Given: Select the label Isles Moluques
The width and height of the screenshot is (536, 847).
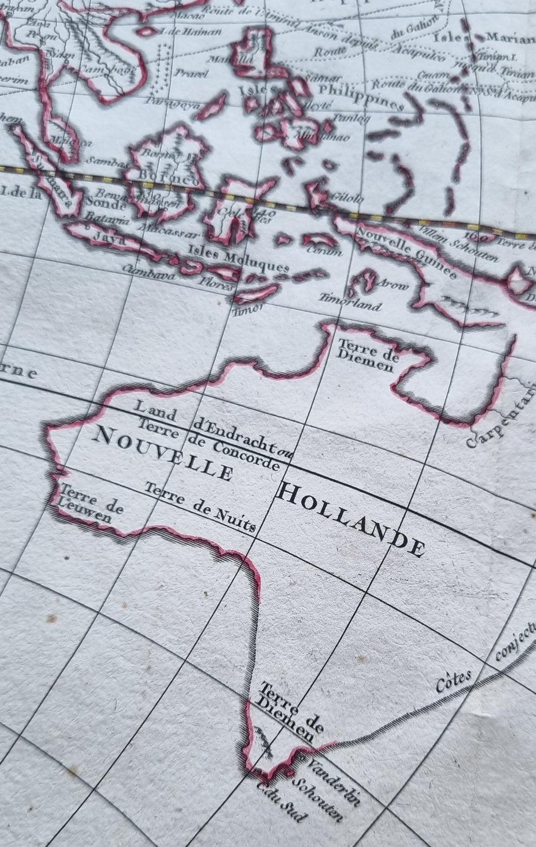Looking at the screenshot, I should [238, 259].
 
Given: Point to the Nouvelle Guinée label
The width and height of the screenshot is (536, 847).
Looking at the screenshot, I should [406, 255].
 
